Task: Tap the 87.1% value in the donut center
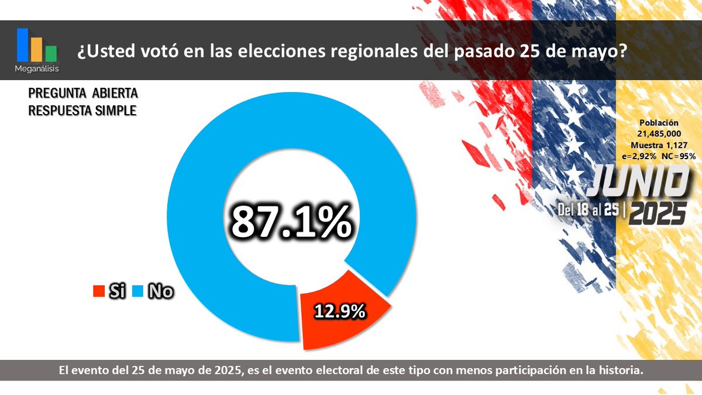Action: (x=291, y=222)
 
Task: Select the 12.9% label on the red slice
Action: (x=339, y=311)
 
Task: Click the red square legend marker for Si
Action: (x=98, y=291)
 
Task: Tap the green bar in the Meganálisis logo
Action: (x=51, y=53)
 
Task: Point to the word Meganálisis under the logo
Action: (x=37, y=69)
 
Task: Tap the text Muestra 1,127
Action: (x=658, y=145)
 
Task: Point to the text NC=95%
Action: (x=678, y=156)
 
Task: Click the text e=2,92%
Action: (x=638, y=156)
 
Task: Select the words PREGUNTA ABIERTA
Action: (x=83, y=94)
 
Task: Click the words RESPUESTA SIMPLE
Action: (x=82, y=109)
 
